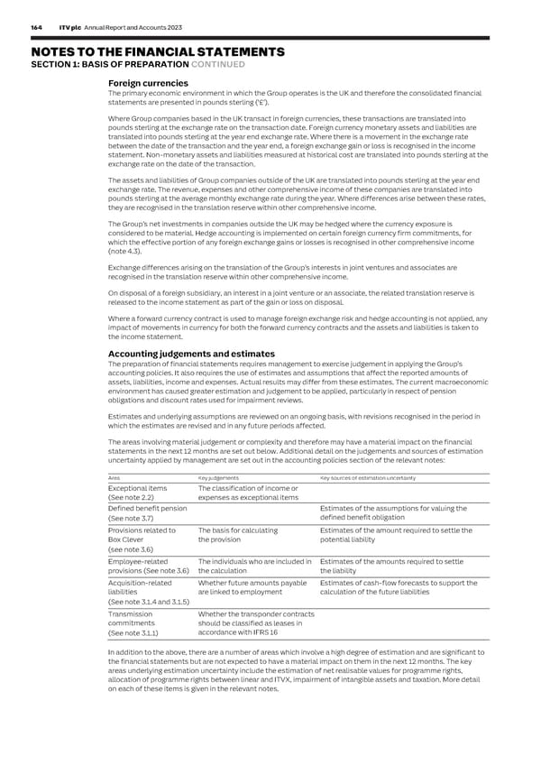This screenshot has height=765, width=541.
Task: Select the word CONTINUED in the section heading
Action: pos(217,63)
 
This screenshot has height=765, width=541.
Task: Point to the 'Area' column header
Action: pos(114,477)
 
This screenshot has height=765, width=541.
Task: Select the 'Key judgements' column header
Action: pos(217,477)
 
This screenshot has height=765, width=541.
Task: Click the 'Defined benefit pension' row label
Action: pos(147,509)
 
